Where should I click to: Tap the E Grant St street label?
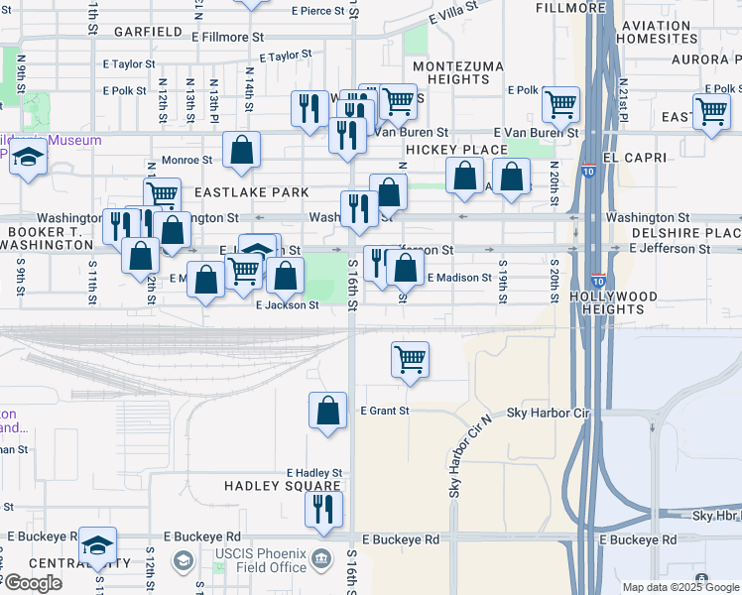384,410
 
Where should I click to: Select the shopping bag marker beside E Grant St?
327,412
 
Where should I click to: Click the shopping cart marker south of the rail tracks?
410,361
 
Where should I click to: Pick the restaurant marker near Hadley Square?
323,510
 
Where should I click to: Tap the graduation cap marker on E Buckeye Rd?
97,545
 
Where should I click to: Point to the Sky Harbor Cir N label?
457,456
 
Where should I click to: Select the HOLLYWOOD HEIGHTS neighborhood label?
614,302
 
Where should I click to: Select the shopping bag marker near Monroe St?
241,151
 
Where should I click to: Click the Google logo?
33,583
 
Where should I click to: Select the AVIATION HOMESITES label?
657,32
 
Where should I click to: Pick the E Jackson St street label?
287,305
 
